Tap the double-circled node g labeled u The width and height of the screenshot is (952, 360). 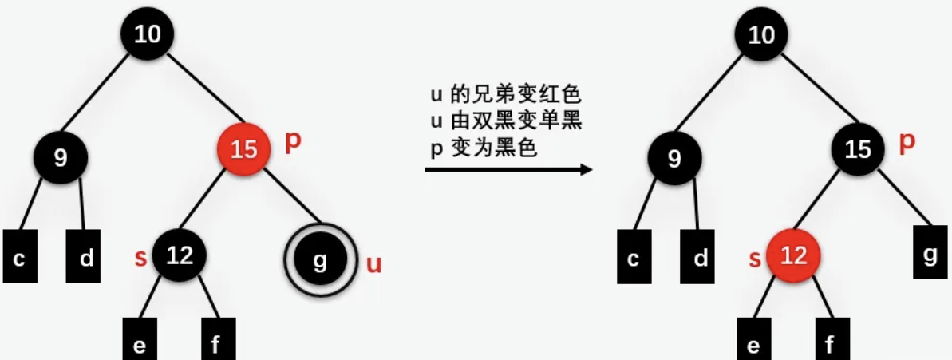pos(319,260)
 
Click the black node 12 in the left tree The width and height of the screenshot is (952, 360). pos(180,255)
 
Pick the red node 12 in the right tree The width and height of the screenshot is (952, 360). pos(793,256)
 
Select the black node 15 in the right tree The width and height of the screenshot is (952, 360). pos(858,148)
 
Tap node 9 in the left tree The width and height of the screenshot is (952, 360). pos(61,156)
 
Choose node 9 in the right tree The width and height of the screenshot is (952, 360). pos(675,156)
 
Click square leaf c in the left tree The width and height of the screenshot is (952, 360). pos(20,258)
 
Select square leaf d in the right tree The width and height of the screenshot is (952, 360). pos(700,258)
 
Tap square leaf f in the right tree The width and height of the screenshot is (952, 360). pos(830,344)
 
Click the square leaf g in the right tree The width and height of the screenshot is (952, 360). pos(930,255)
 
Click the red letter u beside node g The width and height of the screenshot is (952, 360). pos(373,264)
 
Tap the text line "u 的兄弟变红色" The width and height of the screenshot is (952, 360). pos(504,95)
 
